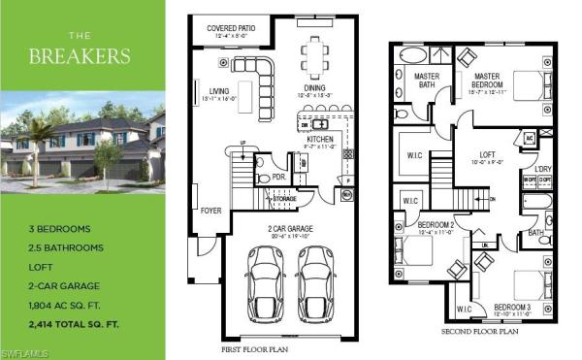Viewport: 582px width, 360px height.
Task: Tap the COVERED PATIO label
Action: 232,29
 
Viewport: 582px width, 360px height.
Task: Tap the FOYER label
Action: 210,210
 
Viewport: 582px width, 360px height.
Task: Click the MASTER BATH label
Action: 428,80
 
